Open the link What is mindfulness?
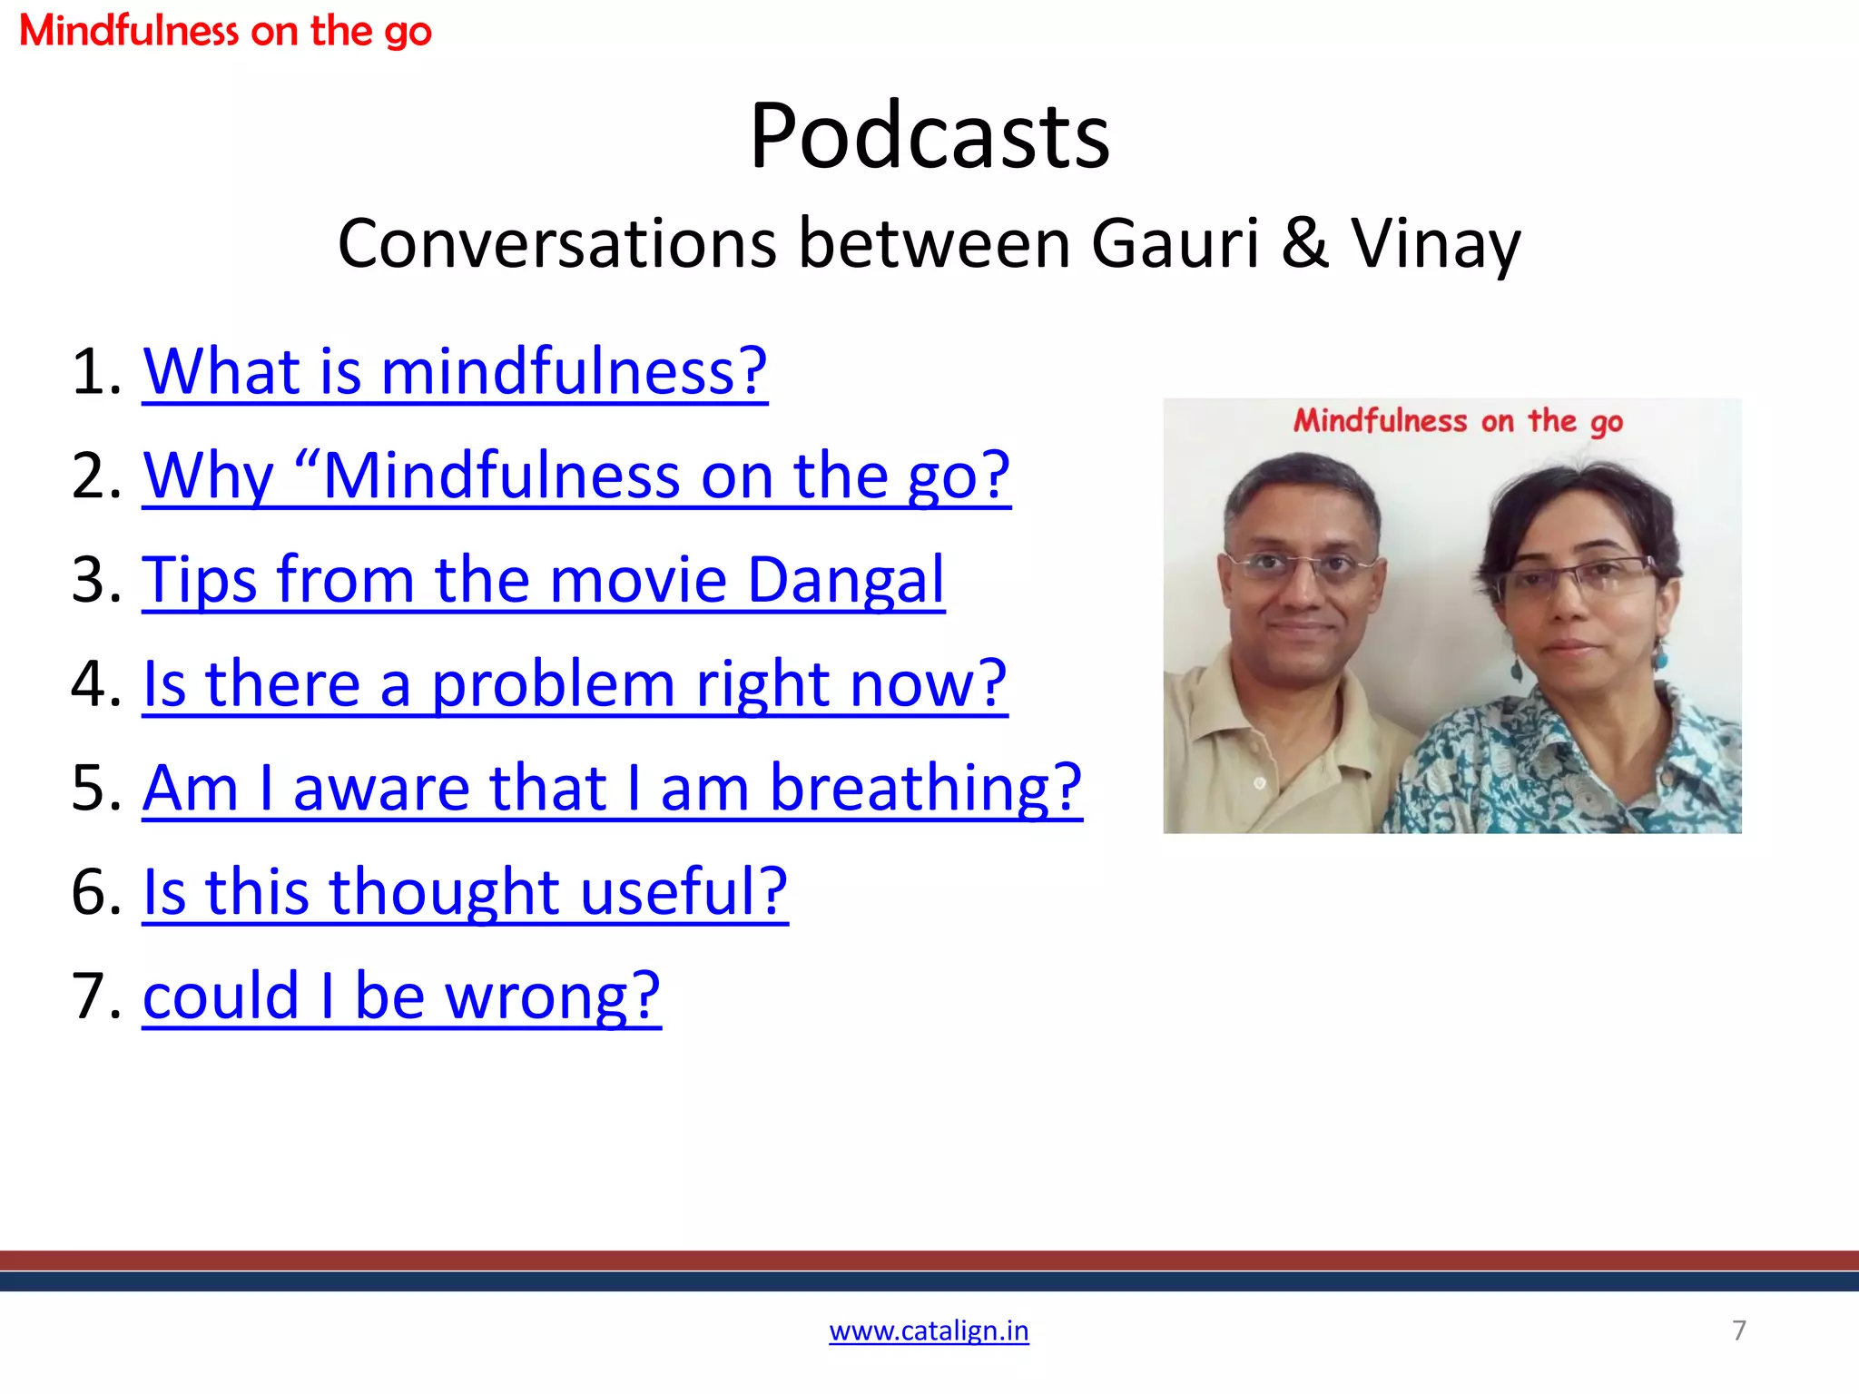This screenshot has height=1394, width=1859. [x=455, y=371]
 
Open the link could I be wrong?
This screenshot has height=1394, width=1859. [x=401, y=996]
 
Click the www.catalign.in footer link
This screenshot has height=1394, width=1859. [x=929, y=1330]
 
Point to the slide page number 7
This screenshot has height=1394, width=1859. [x=1739, y=1330]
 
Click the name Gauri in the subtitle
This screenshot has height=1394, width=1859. [x=1175, y=243]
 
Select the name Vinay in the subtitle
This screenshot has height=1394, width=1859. [x=1435, y=243]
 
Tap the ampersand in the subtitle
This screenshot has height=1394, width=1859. [x=1305, y=243]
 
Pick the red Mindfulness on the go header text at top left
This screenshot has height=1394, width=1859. [x=225, y=31]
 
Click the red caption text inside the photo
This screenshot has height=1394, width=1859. [x=1458, y=421]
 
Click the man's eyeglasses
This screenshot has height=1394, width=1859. [x=1300, y=566]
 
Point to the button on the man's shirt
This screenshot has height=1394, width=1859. [x=1260, y=782]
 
